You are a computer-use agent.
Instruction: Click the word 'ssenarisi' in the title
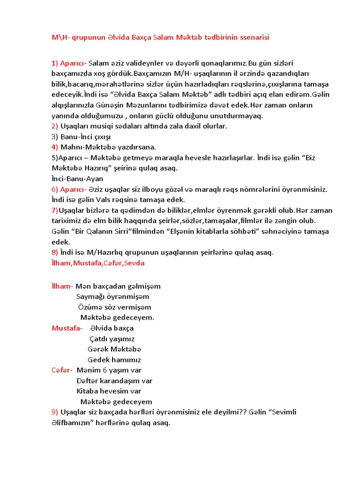[253, 37]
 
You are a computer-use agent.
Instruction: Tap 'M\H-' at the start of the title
[60, 37]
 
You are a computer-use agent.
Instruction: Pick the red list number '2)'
[55, 126]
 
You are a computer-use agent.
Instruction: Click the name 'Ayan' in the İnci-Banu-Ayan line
[95, 179]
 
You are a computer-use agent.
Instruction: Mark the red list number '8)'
[55, 252]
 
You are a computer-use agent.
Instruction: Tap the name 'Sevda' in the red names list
[135, 263]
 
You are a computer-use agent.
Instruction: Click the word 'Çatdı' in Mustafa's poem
[99, 339]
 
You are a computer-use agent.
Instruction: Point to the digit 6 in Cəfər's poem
[105, 370]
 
